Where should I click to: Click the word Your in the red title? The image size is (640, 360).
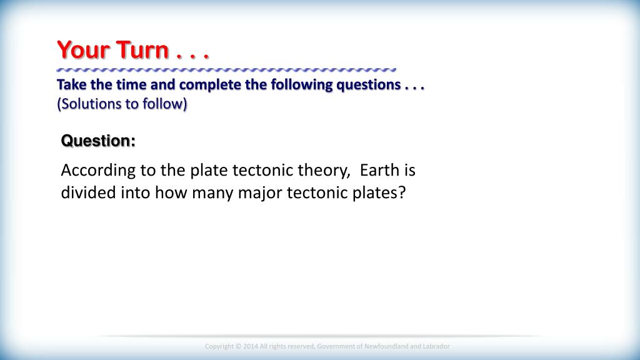[84, 50]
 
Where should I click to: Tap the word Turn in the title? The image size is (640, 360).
[142, 50]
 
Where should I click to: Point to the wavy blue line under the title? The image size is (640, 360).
[226, 70]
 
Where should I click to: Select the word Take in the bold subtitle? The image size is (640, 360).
[71, 84]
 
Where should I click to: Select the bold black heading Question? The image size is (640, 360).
[98, 141]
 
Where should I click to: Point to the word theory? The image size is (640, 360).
[324, 171]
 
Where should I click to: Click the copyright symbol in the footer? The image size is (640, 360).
[238, 346]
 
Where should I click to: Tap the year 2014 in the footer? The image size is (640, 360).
[251, 346]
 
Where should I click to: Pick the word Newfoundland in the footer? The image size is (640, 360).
[386, 346]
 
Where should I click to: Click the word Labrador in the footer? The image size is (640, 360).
[436, 346]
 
